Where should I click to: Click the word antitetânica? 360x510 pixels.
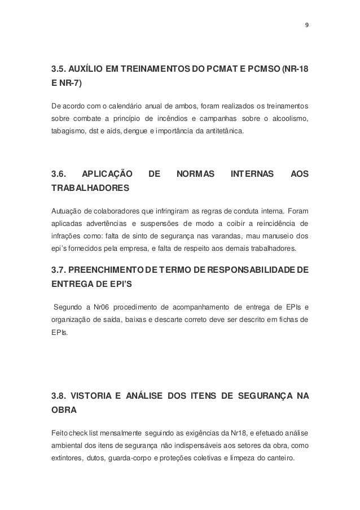click(x=223, y=132)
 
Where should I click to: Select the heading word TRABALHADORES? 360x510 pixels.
click(x=90, y=186)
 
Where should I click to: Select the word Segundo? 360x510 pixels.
click(x=67, y=307)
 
